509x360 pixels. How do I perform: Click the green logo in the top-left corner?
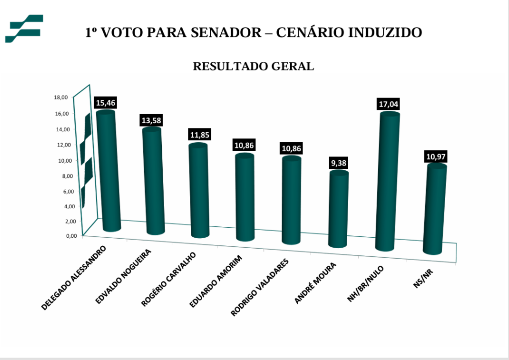click(24, 29)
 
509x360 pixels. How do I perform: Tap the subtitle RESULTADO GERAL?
click(254, 67)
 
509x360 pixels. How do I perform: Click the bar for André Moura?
click(339, 209)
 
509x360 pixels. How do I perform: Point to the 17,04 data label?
click(389, 104)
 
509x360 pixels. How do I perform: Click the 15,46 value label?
click(106, 103)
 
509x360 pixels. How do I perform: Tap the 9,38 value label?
click(339, 163)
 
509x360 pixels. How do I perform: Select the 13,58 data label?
click(151, 120)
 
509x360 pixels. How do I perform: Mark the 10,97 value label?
click(436, 156)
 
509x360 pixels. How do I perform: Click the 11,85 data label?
click(198, 135)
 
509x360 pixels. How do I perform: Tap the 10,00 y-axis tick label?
click(65, 161)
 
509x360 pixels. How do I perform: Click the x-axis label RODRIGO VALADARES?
click(259, 288)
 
